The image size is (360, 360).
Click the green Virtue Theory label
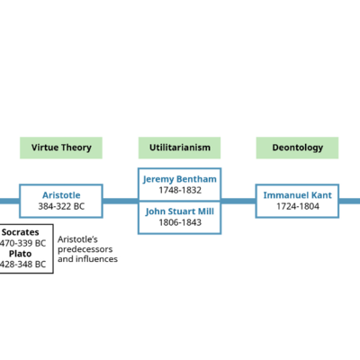coord(61,148)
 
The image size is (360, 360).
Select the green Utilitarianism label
coord(179,148)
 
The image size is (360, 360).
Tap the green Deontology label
coord(298,148)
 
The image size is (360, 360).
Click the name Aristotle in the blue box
coord(61,194)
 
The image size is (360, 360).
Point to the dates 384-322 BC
coord(61,207)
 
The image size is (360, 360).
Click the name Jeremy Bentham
coord(179,179)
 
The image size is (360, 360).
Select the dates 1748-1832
coord(179,191)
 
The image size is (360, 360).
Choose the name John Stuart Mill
coord(179,212)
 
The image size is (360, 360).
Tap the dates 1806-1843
coord(179,224)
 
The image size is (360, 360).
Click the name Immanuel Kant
coord(298,194)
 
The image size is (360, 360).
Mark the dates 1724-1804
coord(298,207)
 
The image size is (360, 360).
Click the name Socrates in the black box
coord(20,232)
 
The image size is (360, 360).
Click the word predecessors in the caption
coord(85,249)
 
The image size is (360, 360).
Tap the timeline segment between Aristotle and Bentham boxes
coord(120,201)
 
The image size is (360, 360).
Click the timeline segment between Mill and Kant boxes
coord(238,201)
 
